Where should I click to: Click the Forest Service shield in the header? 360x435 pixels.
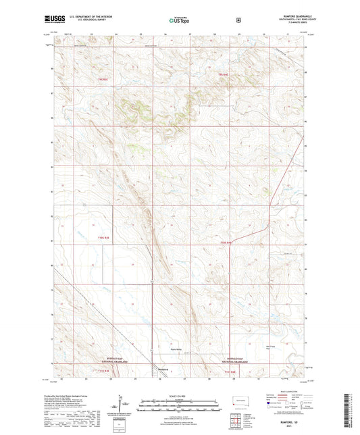pyautogui.click(x=238, y=20)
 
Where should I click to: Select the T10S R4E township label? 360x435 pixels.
pyautogui.click(x=226, y=242)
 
